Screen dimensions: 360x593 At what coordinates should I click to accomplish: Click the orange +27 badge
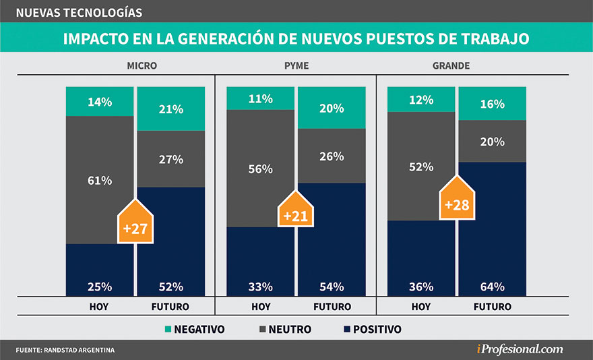coord(135,225)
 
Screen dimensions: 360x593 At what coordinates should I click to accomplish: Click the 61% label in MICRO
coord(100,180)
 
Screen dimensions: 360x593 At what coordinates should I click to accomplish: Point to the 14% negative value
coord(100,102)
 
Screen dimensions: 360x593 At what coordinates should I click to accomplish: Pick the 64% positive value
coord(492,287)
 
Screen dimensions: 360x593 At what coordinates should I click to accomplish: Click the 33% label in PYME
coord(260,287)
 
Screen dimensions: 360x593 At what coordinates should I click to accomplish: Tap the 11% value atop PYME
coord(260,98)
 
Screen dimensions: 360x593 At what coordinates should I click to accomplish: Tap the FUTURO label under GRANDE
coord(492,306)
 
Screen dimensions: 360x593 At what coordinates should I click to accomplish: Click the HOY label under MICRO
coord(100,306)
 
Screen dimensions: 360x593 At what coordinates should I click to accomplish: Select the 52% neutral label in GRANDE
coord(421,167)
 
